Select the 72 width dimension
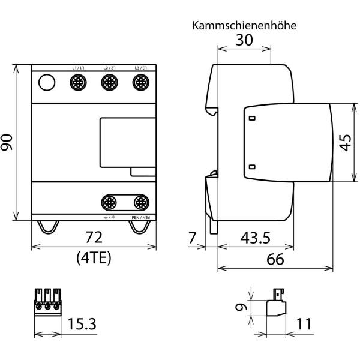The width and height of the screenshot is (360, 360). (x=94, y=236)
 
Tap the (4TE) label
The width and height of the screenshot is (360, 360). (x=93, y=258)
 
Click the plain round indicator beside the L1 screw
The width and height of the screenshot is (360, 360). (x=46, y=83)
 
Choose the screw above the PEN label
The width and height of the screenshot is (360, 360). (x=140, y=201)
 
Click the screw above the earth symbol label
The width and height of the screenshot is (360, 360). (x=109, y=201)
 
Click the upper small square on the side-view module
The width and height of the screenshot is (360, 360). (x=252, y=118)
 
